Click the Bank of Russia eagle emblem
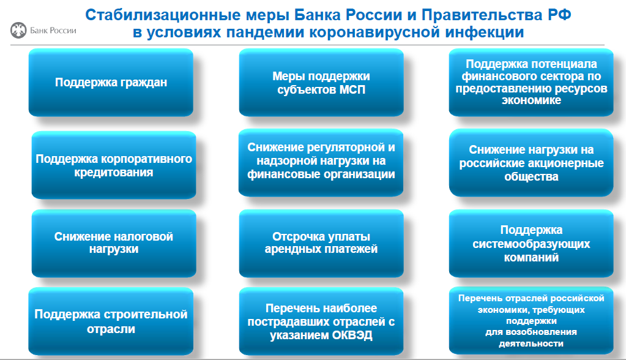(18, 31)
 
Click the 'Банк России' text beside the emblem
(53, 31)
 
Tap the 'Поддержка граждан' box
(111, 82)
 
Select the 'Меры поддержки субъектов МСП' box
(321, 82)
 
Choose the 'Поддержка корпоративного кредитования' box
(114, 165)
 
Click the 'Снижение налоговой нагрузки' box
(114, 243)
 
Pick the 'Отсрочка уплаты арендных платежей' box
(321, 243)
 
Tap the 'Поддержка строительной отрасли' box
(111, 321)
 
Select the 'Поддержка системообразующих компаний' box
(531, 243)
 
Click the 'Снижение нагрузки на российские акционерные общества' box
(531, 163)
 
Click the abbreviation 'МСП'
(352, 89)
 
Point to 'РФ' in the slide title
(559, 15)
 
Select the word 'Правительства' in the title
(482, 15)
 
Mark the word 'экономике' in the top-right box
(531, 100)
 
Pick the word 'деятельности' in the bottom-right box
(531, 343)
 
